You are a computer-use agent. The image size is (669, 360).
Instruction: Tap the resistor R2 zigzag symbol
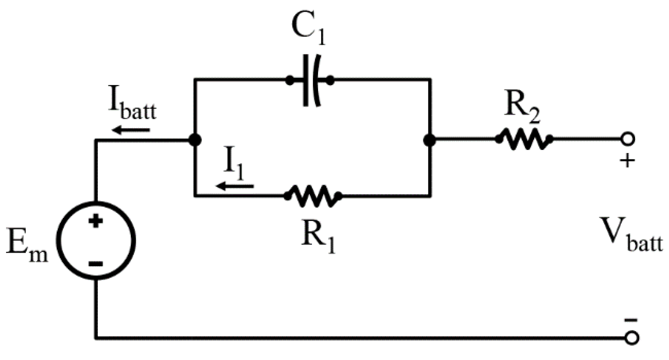point(524,139)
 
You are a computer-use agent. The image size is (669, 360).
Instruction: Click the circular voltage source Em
point(96,241)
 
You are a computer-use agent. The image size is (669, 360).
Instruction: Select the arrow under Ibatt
point(131,130)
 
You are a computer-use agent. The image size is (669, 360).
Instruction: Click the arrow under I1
point(235,186)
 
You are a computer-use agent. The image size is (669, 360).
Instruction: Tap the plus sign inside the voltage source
point(96,221)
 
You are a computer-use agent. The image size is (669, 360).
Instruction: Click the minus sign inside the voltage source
point(96,263)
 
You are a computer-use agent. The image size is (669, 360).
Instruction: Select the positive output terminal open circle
point(627,139)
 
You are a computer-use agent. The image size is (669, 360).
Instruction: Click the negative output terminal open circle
point(631,337)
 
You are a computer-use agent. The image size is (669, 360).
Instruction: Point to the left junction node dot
point(195,140)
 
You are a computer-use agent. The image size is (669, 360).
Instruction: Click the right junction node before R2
point(430,140)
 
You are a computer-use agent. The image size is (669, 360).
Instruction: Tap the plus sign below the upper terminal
point(627,161)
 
